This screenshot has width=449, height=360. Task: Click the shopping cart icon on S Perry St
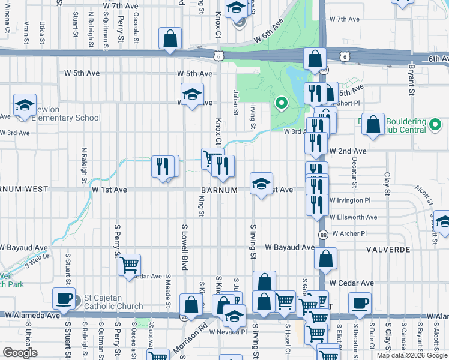click(x=130, y=265)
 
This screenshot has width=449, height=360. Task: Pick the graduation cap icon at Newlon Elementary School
click(x=25, y=105)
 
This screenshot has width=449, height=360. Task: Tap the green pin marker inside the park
click(x=280, y=103)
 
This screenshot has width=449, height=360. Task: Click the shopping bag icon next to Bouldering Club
click(x=373, y=125)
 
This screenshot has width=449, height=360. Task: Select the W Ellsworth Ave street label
click(x=353, y=217)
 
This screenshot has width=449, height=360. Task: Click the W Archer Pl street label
click(x=349, y=233)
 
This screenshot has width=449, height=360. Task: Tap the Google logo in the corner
click(x=20, y=353)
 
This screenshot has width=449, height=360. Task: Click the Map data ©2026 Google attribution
click(x=412, y=355)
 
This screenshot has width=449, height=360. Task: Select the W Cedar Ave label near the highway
click(x=351, y=283)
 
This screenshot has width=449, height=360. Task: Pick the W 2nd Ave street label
click(x=347, y=151)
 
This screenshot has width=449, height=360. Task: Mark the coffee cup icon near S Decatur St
click(x=360, y=303)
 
